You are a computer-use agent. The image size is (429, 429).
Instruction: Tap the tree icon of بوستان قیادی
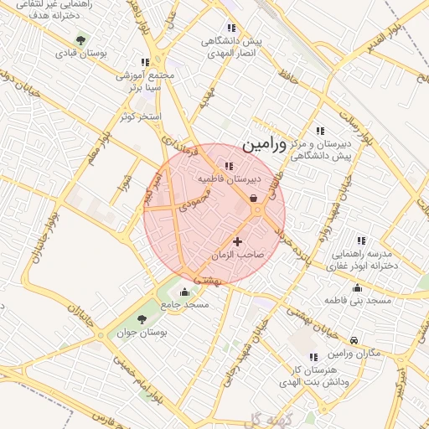(x=81, y=39)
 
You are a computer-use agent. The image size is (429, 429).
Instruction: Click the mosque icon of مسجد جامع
(x=184, y=292)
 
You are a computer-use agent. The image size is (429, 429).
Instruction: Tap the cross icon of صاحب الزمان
(x=237, y=241)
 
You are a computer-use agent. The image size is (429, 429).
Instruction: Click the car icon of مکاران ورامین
(x=354, y=340)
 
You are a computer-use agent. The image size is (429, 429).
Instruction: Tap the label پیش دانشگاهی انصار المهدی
(x=231, y=45)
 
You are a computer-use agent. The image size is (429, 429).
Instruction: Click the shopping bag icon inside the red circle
(x=253, y=198)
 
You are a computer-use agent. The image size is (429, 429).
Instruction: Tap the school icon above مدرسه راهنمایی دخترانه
(x=360, y=240)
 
